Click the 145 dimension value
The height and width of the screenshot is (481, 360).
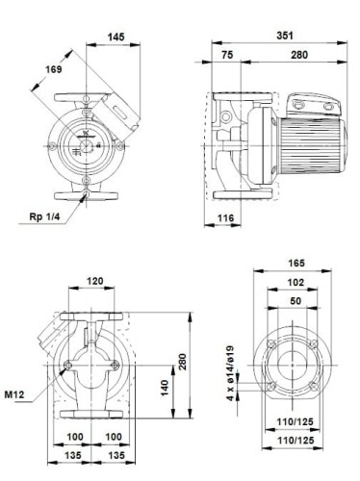click(116, 37)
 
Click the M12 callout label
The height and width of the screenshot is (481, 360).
click(13, 393)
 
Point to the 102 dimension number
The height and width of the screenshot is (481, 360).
click(296, 283)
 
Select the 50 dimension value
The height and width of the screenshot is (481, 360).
click(296, 302)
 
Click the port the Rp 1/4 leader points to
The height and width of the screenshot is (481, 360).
click(88, 195)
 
